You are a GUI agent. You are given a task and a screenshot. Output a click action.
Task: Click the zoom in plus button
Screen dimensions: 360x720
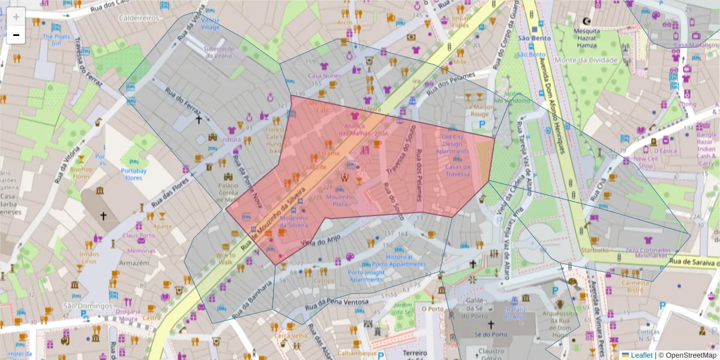[16, 16]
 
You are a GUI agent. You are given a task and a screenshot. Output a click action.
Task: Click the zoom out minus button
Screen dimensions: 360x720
[16, 35]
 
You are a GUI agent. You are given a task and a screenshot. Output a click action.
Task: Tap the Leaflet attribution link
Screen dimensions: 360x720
[641, 355]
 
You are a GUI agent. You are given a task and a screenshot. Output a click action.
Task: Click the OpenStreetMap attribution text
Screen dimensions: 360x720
[687, 355]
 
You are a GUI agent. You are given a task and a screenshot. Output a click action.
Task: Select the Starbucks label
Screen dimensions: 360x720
[595, 250]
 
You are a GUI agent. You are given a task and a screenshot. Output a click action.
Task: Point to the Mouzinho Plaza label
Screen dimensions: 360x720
[341, 200]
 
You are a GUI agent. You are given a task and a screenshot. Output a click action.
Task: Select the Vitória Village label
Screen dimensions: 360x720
[210, 24]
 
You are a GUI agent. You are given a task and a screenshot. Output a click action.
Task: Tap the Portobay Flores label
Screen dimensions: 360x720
[133, 174]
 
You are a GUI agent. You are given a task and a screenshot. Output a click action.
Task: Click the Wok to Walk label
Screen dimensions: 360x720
[226, 258]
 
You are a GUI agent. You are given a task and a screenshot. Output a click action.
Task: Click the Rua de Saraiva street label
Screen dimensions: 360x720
[694, 262]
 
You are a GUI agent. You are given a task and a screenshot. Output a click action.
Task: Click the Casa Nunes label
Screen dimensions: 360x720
[324, 76]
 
